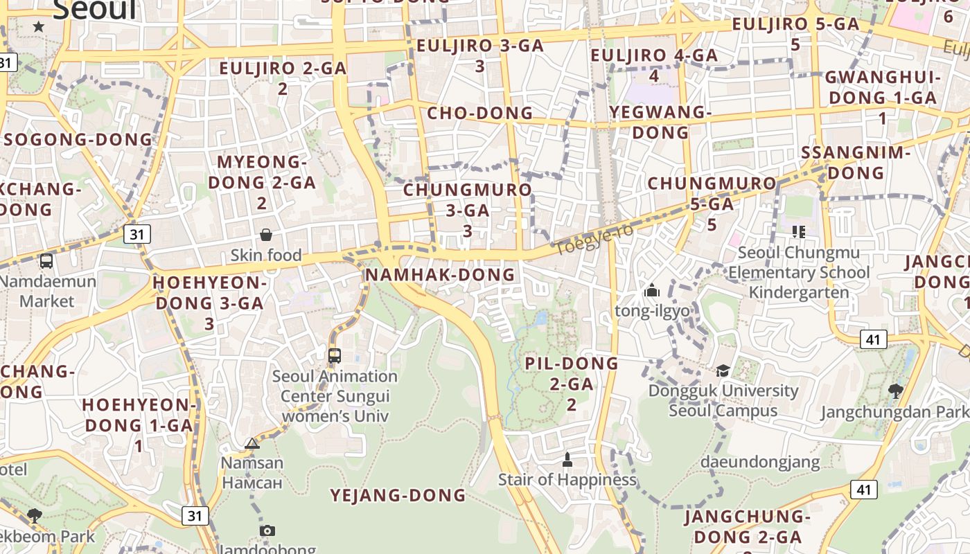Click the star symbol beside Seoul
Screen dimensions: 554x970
tap(39, 26)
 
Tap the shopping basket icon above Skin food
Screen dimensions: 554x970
tap(265, 235)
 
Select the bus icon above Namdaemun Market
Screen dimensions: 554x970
tap(46, 261)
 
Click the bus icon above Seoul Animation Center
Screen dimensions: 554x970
tap(335, 356)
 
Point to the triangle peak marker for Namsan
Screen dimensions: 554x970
tap(252, 443)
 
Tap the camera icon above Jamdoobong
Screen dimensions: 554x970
tap(267, 530)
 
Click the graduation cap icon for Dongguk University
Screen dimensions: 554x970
tap(723, 370)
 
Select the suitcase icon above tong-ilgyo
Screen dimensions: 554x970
tap(651, 291)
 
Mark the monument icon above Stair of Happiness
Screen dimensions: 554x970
tap(567, 459)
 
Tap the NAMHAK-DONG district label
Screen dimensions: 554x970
tap(440, 275)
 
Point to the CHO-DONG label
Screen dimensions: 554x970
tap(479, 113)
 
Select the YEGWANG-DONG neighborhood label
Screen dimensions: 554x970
tap(661, 122)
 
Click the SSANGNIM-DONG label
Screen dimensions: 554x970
tap(856, 162)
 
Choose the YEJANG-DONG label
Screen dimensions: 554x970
tap(398, 495)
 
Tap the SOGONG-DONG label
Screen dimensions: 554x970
tap(78, 139)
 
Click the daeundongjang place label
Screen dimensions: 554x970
tap(760, 462)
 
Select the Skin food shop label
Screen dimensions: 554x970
tap(266, 256)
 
